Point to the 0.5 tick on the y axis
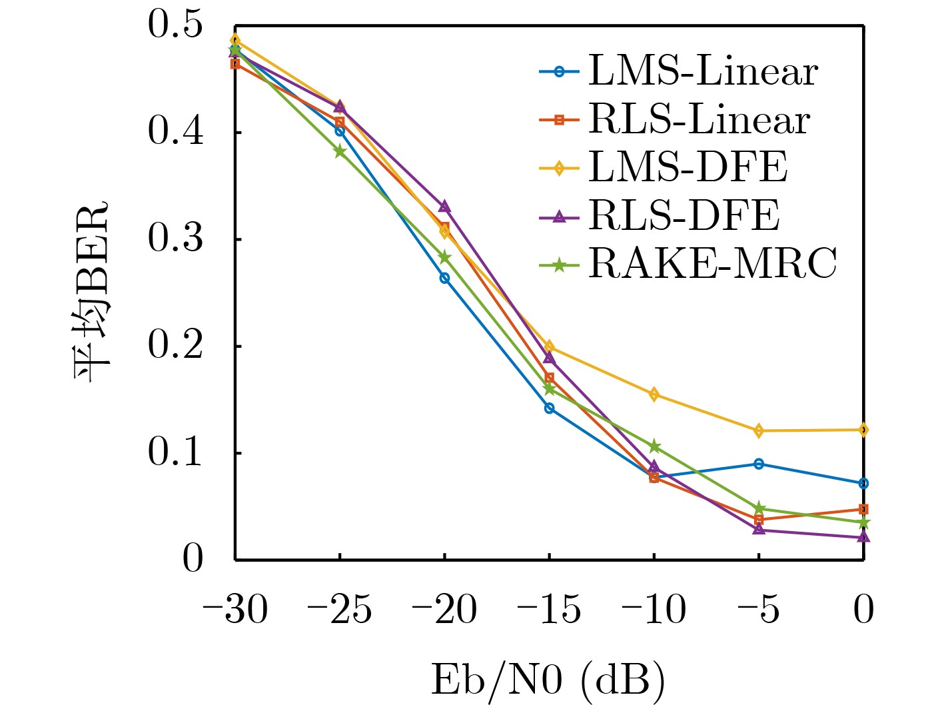tap(175, 25)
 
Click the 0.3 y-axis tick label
tap(175, 239)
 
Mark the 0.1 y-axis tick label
tap(175, 452)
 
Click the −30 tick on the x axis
tap(235, 610)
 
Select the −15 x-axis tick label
tap(549, 610)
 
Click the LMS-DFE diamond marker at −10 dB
tap(654, 394)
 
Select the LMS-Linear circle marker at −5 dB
tap(759, 464)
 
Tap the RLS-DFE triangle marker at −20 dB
tap(444, 207)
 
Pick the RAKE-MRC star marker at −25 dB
tap(340, 151)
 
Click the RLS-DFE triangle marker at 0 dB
tap(863, 536)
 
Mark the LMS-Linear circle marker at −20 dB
tap(444, 278)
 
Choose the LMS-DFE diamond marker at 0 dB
tap(863, 430)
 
